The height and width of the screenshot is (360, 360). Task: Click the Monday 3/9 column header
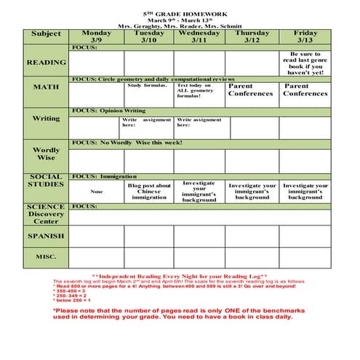(96, 37)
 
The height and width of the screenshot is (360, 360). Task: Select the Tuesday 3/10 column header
(149, 37)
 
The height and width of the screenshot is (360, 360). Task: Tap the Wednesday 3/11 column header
(199, 37)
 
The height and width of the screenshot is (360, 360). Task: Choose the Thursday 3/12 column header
(252, 37)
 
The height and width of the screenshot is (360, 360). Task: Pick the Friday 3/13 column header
(305, 37)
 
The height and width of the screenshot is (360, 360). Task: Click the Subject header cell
(47, 34)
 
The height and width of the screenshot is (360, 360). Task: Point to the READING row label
(47, 63)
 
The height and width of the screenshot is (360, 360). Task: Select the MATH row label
(47, 87)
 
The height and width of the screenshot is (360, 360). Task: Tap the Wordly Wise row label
(47, 154)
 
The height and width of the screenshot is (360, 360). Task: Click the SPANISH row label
(47, 236)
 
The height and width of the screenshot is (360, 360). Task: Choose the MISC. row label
(47, 257)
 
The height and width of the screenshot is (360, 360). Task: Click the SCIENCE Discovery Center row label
(47, 214)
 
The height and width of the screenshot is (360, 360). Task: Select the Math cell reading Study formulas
(148, 86)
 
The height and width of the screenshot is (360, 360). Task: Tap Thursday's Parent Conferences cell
(252, 89)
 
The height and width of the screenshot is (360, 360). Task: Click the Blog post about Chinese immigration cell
(149, 191)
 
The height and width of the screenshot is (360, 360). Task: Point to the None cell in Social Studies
(96, 192)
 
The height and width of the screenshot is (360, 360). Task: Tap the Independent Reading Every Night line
(180, 276)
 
